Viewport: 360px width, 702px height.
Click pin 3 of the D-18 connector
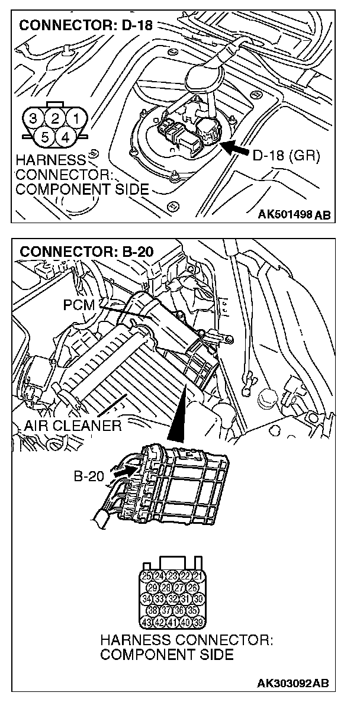click(x=35, y=118)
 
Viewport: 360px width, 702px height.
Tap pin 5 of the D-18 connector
click(x=46, y=137)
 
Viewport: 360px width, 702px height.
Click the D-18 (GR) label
click(x=286, y=156)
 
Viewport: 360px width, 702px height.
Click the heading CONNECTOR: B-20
click(x=86, y=251)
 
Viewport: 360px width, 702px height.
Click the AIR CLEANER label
click(x=73, y=425)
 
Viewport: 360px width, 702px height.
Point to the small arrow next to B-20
click(x=127, y=473)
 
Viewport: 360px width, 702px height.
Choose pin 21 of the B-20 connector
click(x=198, y=576)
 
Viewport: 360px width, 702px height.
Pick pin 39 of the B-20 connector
click(x=198, y=622)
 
